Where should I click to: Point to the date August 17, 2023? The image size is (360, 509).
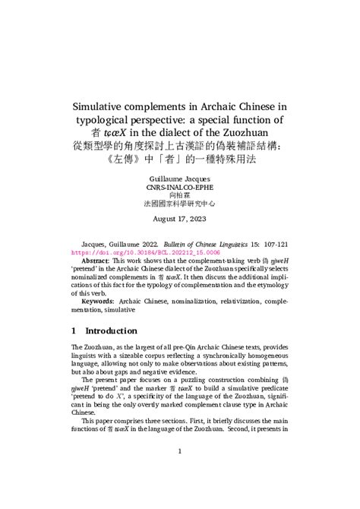(179, 219)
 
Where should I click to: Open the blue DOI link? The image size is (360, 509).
(145, 251)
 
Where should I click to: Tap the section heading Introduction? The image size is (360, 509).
(111, 331)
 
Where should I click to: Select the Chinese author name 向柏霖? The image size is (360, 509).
(179, 194)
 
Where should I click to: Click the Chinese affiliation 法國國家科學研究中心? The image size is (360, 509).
(179, 204)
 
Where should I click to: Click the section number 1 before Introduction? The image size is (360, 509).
(73, 331)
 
